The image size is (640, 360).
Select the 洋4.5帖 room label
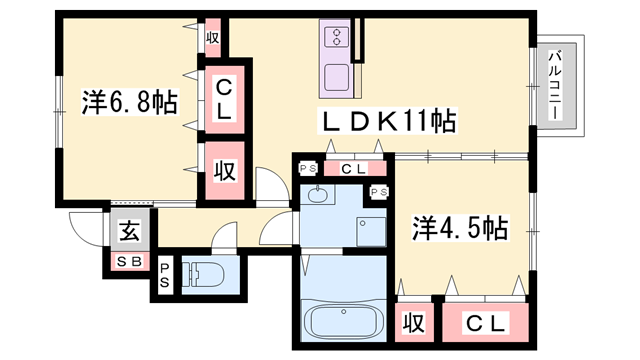coord(459,228)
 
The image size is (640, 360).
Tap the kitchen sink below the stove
coord(337,75)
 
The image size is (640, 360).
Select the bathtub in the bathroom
coord(342,322)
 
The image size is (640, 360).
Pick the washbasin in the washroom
coord(319,194)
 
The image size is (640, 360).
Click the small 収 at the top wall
coord(212,38)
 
